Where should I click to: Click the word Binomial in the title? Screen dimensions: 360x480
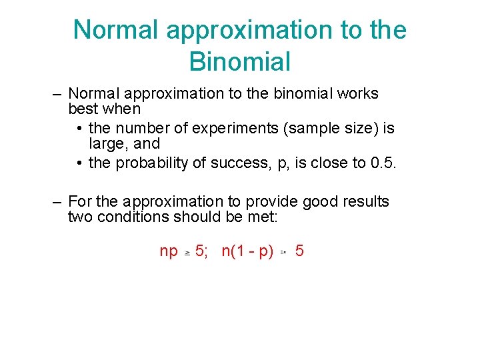pos(240,61)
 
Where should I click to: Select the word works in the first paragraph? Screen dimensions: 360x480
pos(359,93)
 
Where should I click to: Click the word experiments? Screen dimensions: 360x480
pos(237,128)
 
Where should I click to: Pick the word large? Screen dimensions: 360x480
pos(107,143)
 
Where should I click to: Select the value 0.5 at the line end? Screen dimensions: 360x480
pos(383,164)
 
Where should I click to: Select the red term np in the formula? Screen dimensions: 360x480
pos(169,251)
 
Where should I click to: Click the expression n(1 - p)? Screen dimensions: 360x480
pos(247,251)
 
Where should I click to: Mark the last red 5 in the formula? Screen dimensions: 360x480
pos(299,251)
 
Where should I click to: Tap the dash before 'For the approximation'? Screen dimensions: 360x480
pos(58,201)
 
